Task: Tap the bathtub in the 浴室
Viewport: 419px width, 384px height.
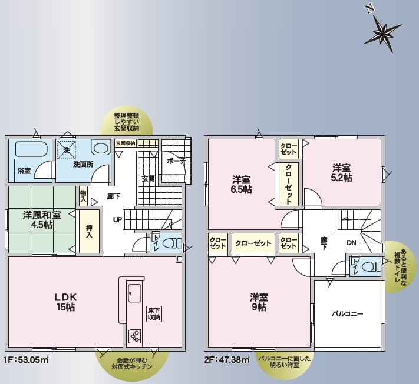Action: point(31,149)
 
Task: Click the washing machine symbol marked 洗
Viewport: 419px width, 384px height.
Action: point(67,150)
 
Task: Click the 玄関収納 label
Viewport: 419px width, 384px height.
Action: point(126,143)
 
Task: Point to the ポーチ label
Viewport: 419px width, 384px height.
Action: point(176,161)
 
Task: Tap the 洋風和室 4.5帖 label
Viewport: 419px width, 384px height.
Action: point(42,220)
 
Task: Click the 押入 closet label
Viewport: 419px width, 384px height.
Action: point(89,232)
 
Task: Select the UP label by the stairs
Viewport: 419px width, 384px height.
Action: point(118,220)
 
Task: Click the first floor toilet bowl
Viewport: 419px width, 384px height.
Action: point(170,243)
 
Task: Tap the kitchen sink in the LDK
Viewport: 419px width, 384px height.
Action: point(134,293)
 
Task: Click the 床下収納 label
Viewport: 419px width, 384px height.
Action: point(154,314)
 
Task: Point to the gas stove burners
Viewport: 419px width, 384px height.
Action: point(135,336)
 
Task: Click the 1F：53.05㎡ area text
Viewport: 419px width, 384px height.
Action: point(27,360)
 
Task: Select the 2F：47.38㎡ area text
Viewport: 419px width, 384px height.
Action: point(227,360)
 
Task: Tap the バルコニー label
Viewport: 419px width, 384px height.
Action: point(347,313)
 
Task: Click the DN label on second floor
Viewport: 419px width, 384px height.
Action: point(352,243)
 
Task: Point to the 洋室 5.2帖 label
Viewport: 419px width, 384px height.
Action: point(342,173)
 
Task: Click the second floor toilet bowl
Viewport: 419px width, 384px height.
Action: point(371,266)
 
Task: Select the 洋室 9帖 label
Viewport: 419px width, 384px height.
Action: point(259,302)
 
